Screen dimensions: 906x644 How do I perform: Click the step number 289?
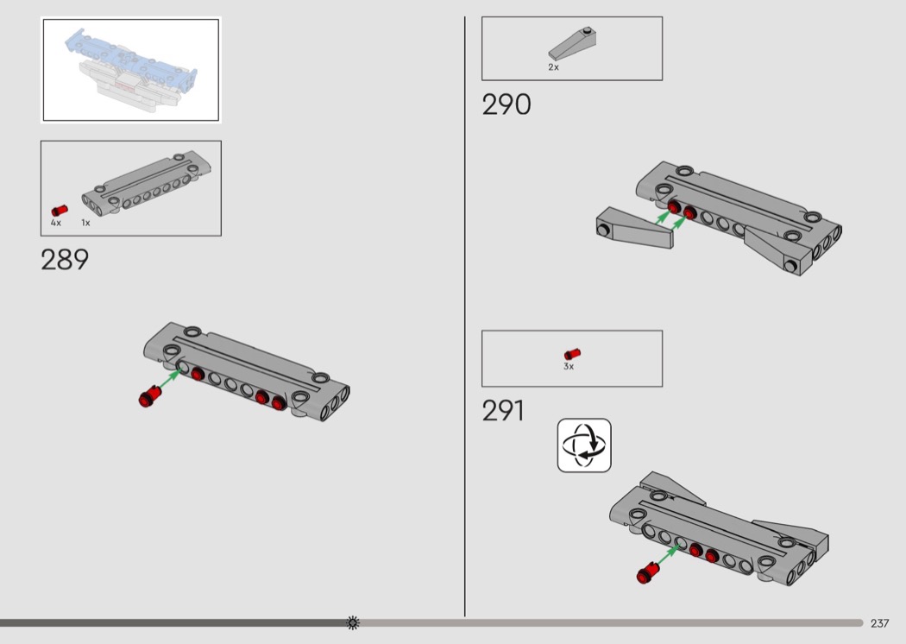tap(65, 260)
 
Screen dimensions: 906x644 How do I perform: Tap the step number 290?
tap(506, 104)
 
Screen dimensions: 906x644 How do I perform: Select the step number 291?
tap(503, 410)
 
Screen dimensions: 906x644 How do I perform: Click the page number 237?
tap(879, 623)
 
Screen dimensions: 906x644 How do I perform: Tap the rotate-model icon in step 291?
tap(584, 445)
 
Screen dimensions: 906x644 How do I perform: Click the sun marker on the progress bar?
tap(352, 622)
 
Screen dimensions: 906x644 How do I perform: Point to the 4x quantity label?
tap(55, 223)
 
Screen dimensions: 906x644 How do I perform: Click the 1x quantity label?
tap(85, 223)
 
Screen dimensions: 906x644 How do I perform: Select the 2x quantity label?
tap(554, 67)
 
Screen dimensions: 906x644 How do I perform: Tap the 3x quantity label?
tap(569, 367)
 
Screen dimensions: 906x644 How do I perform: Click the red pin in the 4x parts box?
tap(59, 211)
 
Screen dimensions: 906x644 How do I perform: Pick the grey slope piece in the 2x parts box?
tap(572, 43)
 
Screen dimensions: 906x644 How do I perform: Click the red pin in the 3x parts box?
tap(572, 354)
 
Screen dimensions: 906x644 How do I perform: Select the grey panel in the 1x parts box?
tap(146, 184)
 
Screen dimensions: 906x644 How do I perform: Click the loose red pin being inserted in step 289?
tap(149, 395)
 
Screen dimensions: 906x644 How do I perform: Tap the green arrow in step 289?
tap(170, 378)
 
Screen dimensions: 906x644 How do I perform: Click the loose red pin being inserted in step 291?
tap(648, 571)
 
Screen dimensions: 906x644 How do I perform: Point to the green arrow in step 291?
tap(669, 554)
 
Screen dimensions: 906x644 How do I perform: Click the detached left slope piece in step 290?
tap(634, 228)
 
